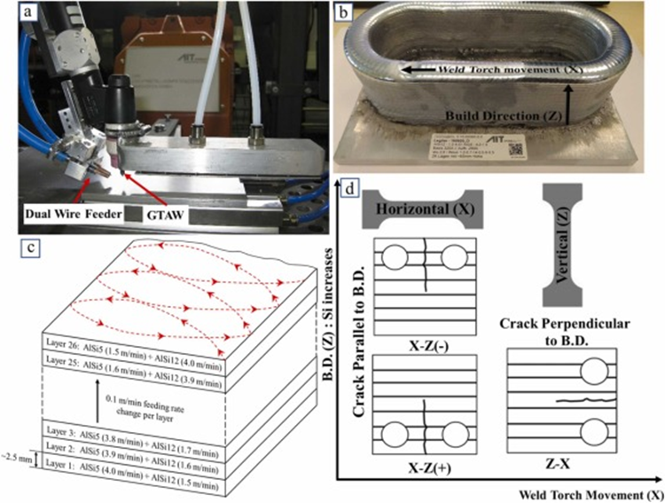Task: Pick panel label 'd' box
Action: click(353, 189)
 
